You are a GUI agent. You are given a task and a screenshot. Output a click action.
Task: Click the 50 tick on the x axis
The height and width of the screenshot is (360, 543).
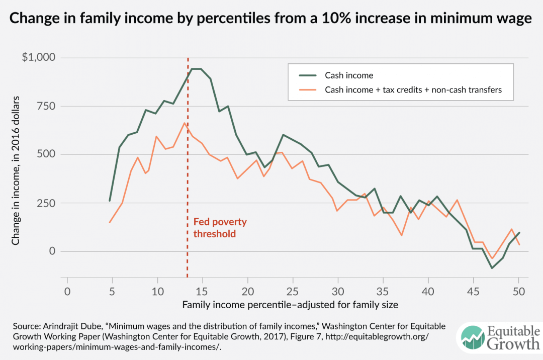click(518, 292)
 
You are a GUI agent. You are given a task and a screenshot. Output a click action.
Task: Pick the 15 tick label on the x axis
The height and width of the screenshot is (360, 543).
click(202, 292)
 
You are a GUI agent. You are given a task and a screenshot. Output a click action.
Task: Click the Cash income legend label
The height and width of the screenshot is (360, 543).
click(349, 75)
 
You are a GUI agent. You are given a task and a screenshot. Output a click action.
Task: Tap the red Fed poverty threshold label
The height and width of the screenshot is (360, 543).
click(220, 228)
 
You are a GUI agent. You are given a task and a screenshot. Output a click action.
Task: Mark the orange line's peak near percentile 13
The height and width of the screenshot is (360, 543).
click(185, 123)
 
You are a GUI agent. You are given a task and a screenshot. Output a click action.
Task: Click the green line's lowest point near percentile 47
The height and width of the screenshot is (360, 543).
click(492, 268)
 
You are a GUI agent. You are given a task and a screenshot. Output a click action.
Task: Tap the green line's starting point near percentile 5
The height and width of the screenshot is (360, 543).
click(110, 201)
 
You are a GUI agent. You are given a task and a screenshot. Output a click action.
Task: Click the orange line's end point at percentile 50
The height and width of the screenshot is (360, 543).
click(519, 245)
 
